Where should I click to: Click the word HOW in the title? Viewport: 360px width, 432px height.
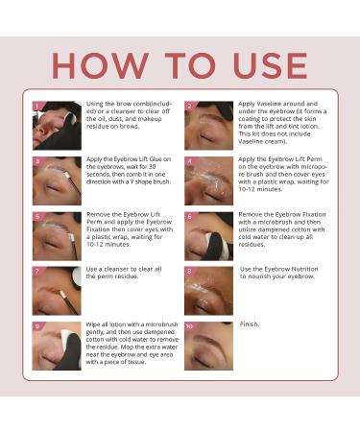100,65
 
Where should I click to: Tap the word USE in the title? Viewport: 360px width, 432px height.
271,65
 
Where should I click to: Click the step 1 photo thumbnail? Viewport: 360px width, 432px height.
57,126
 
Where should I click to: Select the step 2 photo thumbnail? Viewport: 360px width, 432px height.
208,126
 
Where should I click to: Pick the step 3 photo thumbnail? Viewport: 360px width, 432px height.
57,180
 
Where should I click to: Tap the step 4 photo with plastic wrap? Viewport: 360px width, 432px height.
208,180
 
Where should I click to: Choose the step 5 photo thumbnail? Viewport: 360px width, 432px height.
57,236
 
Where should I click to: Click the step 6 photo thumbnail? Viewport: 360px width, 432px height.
208,236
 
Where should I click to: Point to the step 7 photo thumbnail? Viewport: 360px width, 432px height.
57,291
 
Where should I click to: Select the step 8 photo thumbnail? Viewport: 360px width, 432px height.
208,291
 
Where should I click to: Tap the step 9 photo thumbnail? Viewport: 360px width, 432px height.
57,346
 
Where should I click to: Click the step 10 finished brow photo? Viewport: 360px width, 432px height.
208,346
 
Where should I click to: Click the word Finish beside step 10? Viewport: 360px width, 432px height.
249,324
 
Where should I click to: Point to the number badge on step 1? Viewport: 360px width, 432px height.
36,106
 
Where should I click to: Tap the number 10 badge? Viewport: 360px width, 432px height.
189,326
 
